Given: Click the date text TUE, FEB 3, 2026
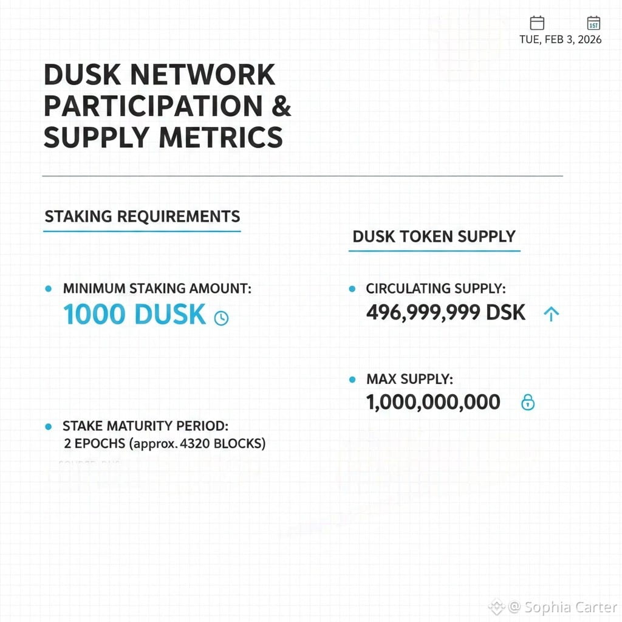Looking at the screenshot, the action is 561,39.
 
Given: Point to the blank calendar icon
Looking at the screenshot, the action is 537,23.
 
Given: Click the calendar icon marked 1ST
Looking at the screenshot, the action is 593,23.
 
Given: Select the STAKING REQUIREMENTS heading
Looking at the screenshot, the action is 142,216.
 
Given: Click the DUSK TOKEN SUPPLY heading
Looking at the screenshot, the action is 434,236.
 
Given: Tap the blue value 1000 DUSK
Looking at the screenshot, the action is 135,315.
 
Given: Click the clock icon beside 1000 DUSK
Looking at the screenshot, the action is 222,318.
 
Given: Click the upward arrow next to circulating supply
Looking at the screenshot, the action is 551,313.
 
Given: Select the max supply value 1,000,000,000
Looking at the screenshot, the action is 433,402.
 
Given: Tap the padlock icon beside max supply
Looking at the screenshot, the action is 528,402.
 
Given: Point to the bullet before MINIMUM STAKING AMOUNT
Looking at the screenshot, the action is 49,289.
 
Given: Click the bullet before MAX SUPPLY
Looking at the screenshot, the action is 352,380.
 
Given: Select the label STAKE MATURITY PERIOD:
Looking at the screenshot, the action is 145,426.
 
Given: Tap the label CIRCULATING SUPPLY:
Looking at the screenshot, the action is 436,289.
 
